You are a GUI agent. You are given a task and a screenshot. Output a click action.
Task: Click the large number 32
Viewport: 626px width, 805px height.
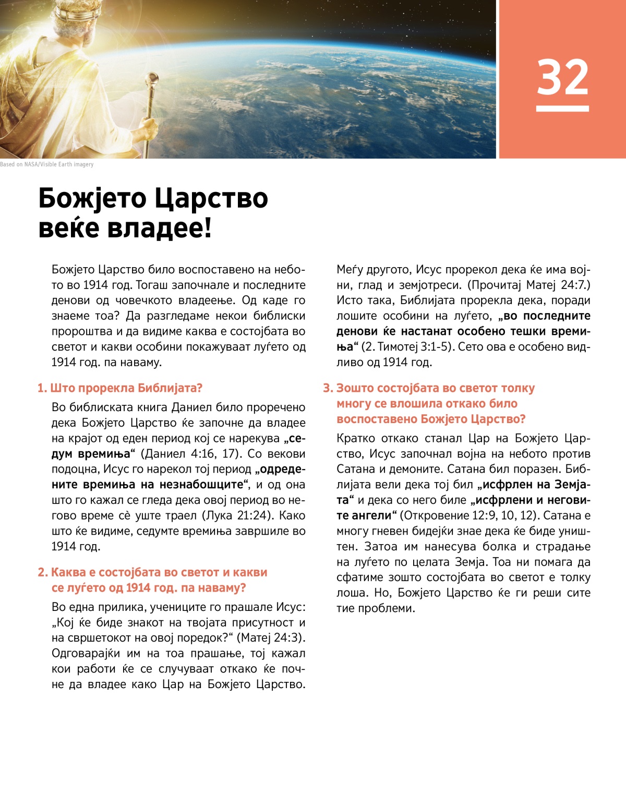(562, 77)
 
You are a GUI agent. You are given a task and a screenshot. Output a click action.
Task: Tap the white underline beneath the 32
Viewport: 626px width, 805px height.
(562, 109)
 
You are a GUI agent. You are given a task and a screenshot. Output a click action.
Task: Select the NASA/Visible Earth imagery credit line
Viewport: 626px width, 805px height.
(47, 164)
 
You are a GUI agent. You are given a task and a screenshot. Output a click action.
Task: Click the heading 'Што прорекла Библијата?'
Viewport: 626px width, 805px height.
(126, 388)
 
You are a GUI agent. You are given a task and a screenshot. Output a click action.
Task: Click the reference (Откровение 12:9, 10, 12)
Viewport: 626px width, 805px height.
(469, 515)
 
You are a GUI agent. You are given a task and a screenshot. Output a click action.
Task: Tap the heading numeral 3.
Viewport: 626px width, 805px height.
(328, 388)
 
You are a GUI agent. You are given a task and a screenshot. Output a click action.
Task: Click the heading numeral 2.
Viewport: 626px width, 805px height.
(42, 572)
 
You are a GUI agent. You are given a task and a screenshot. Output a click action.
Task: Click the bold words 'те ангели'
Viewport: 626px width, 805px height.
(364, 515)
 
